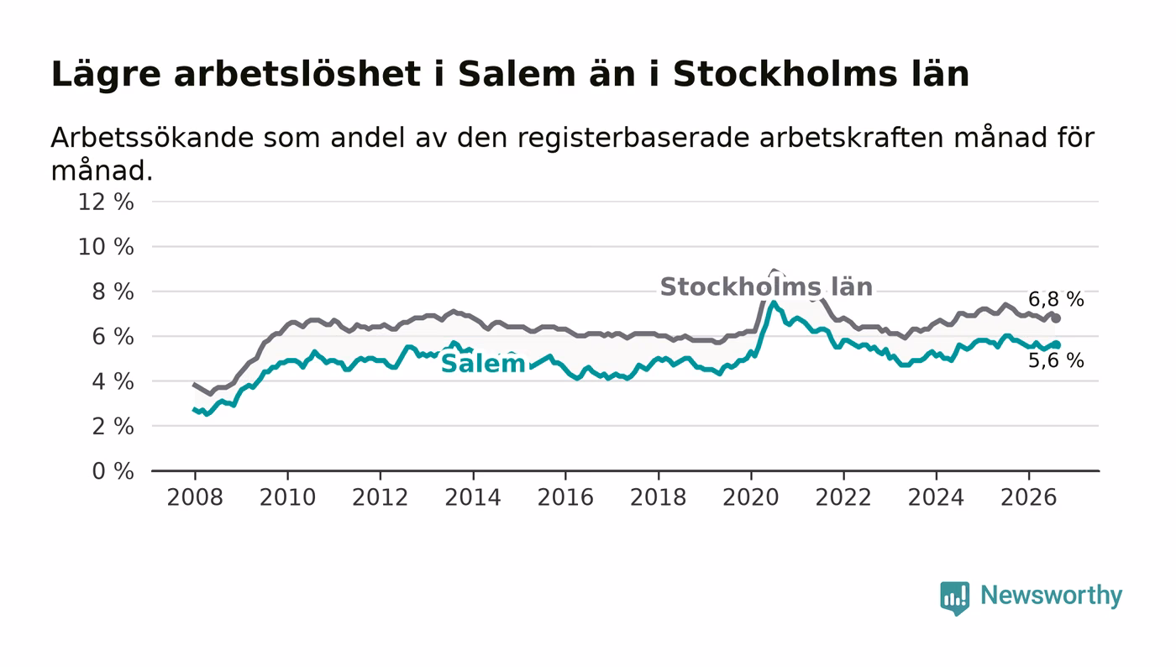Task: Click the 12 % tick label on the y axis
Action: [x=106, y=202]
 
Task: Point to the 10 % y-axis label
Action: [x=106, y=247]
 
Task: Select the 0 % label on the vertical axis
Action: [x=113, y=471]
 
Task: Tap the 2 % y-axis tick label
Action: [x=113, y=427]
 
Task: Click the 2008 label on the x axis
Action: [x=195, y=497]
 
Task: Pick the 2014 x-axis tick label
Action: [x=473, y=497]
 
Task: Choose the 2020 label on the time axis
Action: [x=751, y=497]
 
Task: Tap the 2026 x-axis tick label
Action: [x=1028, y=497]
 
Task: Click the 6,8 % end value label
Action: [x=1056, y=299]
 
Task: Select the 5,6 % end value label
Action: [x=1056, y=360]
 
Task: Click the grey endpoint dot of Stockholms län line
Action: [x=1057, y=318]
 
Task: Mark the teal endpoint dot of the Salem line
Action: [x=1057, y=344]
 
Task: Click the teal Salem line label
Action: [x=483, y=364]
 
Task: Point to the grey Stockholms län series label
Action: [x=766, y=286]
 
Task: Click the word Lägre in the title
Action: [x=106, y=75]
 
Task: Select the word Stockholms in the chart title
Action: [x=785, y=74]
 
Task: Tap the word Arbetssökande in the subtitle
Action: [x=152, y=138]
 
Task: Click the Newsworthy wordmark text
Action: [x=1051, y=596]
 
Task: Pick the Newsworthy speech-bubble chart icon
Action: [x=954, y=598]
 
